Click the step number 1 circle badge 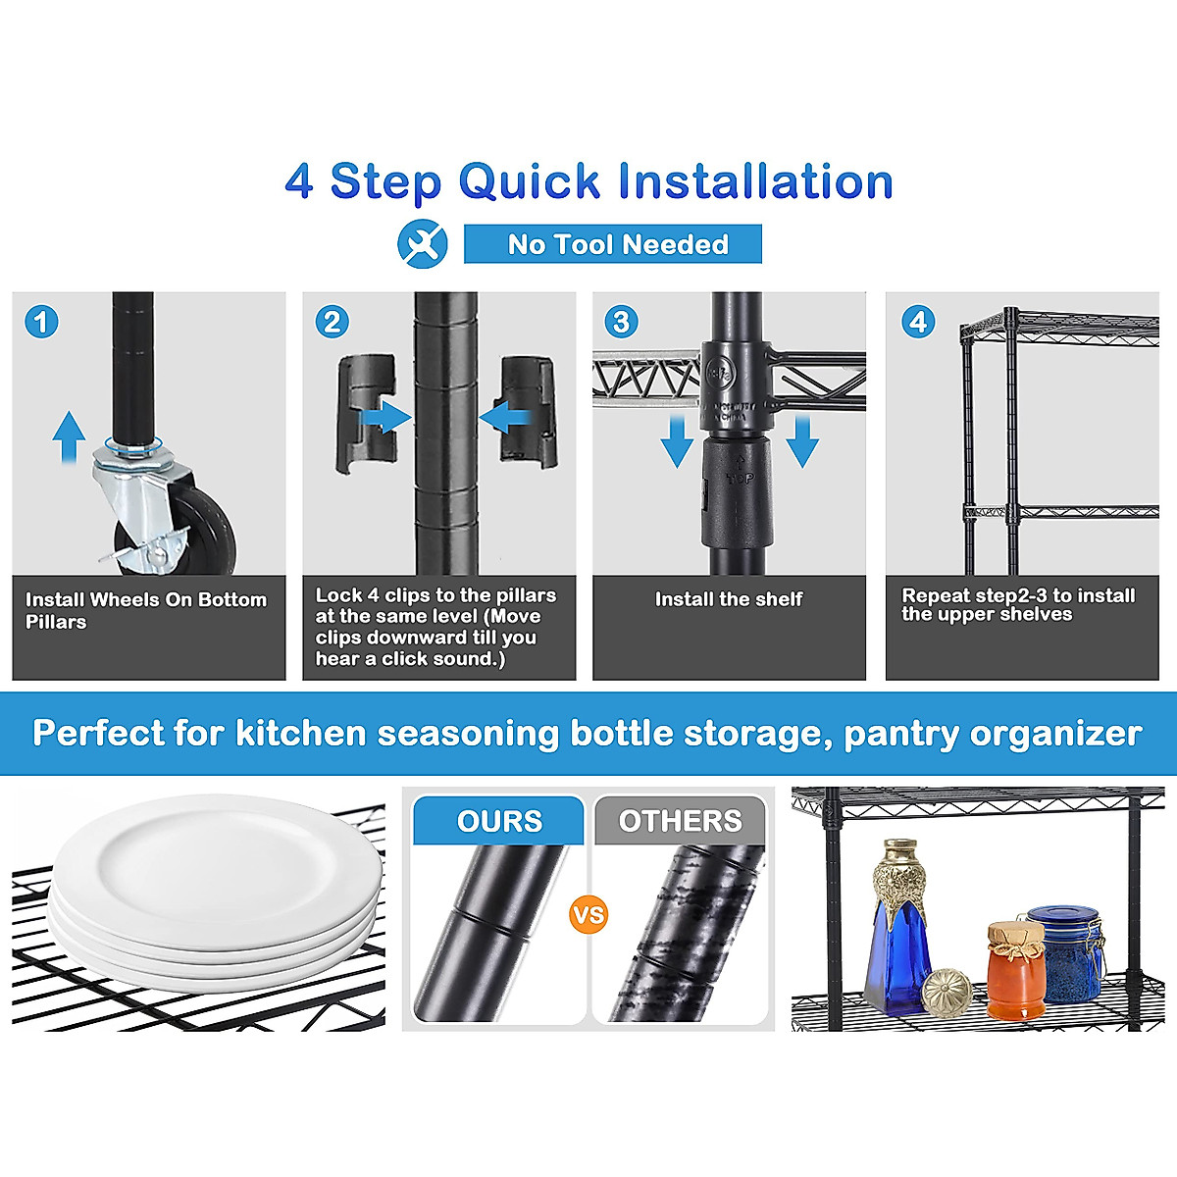click(x=41, y=322)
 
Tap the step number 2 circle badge click(x=332, y=322)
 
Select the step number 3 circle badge click(x=621, y=322)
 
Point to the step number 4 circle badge click(x=918, y=322)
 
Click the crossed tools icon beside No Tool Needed click(x=423, y=243)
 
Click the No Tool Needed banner click(x=613, y=244)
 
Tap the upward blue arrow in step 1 click(x=69, y=436)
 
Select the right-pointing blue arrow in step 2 click(x=384, y=418)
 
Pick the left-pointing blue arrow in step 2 click(x=505, y=419)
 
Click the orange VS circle click(x=588, y=915)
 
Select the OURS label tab click(x=498, y=821)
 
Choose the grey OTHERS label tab click(x=680, y=821)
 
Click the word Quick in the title click(x=530, y=181)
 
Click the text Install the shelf click(x=729, y=599)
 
